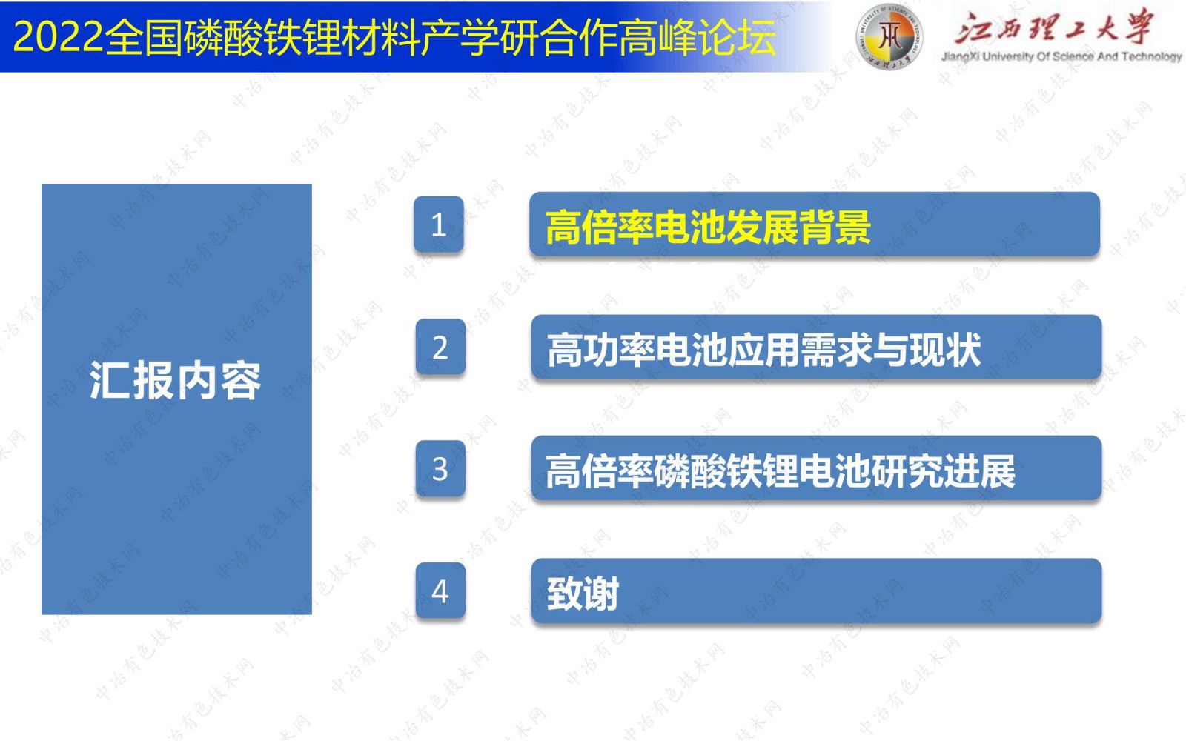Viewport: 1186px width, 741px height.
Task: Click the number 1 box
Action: click(438, 224)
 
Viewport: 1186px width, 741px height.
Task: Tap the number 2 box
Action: click(440, 347)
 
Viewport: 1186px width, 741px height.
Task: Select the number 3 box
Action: click(440, 468)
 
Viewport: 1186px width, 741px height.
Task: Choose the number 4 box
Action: click(440, 590)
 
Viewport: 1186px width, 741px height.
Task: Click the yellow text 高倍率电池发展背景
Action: click(708, 227)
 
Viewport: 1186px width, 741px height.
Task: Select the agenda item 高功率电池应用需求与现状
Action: click(763, 350)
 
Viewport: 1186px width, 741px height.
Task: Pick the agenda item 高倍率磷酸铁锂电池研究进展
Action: click(781, 471)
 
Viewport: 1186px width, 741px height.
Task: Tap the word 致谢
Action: click(583, 594)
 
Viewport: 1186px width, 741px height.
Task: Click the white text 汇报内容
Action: click(175, 380)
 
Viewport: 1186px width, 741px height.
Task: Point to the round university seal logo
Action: click(889, 36)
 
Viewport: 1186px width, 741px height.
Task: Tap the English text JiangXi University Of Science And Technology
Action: click(1061, 56)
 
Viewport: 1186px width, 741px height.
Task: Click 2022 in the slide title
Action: click(57, 37)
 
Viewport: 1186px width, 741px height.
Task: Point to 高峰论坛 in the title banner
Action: click(698, 37)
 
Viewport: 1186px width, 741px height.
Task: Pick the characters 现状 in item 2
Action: click(945, 350)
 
